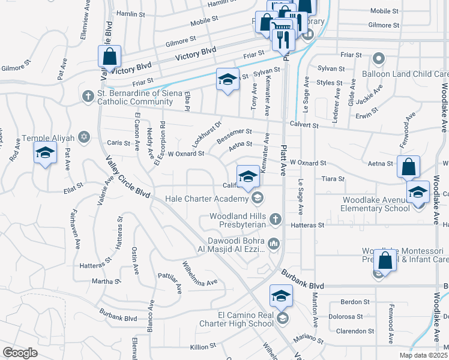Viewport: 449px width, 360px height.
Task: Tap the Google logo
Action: (x=20, y=353)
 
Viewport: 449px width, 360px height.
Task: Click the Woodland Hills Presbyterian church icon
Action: (x=276, y=219)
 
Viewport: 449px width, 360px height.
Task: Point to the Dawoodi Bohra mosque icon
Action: (x=273, y=243)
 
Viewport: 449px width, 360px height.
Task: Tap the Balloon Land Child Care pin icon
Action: (x=379, y=59)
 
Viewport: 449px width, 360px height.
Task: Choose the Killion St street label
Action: (x=202, y=347)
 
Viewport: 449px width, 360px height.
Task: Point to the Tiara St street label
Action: (x=334, y=179)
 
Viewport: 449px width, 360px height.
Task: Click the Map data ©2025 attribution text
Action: (x=423, y=355)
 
